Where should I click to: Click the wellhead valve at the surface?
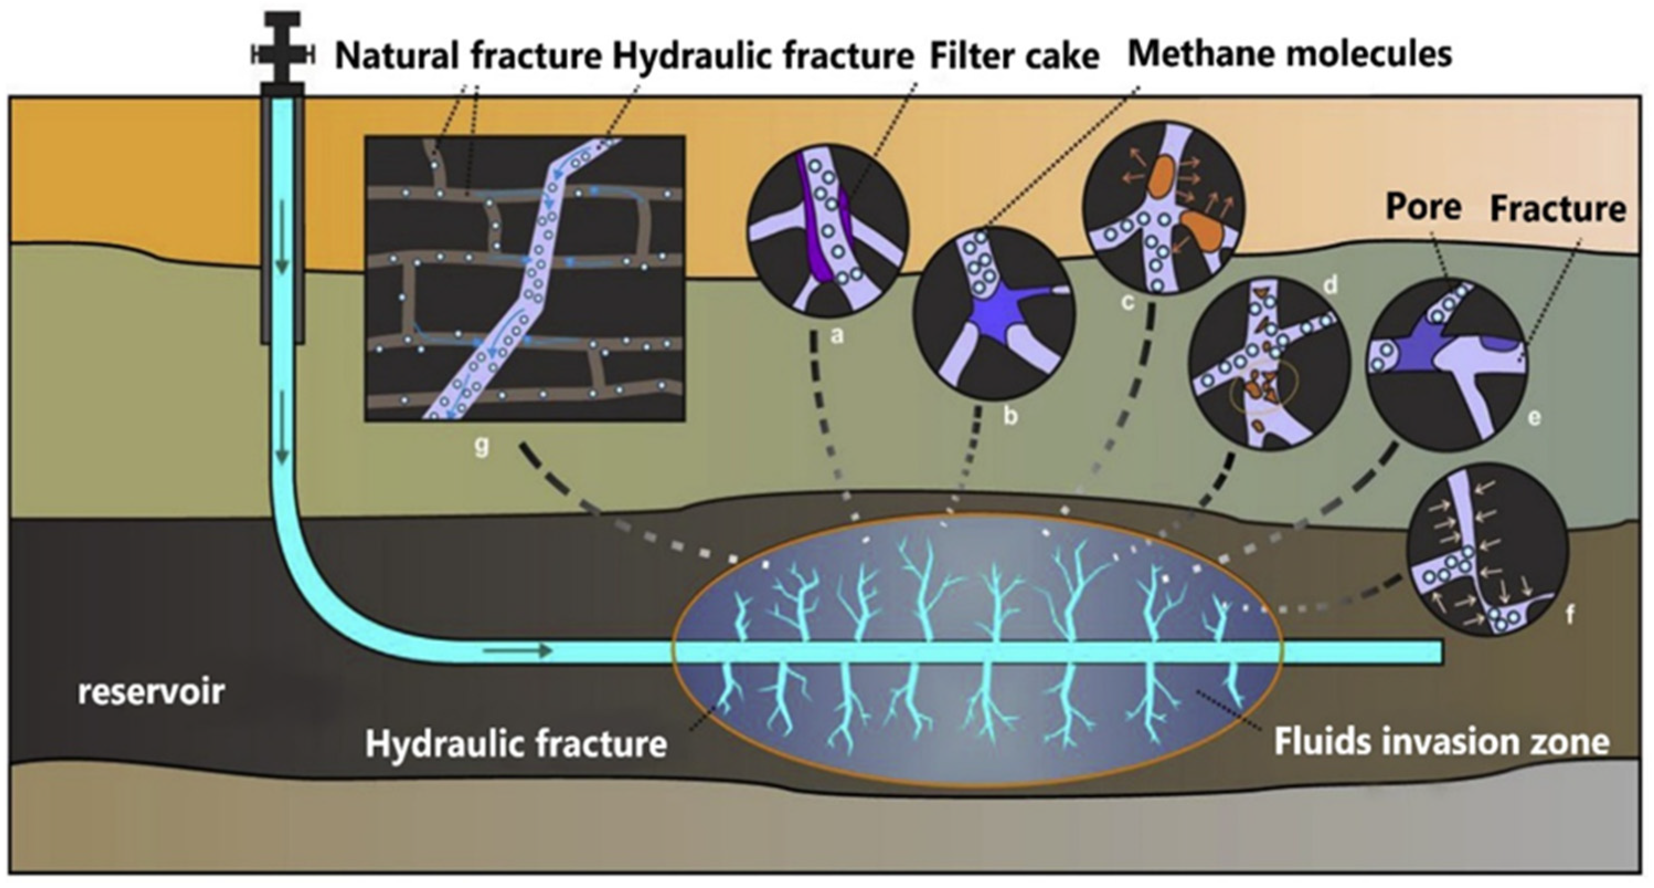point(283,56)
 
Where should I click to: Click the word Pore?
point(1423,208)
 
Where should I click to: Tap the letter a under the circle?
point(836,335)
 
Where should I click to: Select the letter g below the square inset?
point(482,445)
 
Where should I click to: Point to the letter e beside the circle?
point(1534,418)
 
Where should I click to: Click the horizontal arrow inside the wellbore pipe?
point(518,652)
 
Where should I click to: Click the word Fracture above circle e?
point(1557,209)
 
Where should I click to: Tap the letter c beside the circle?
point(1128,302)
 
